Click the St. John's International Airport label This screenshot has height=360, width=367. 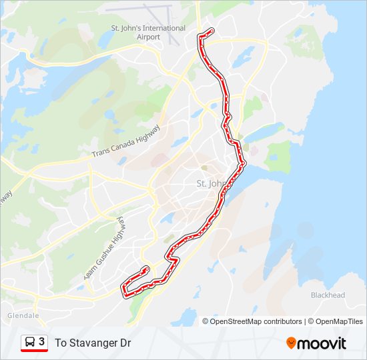coord(148,32)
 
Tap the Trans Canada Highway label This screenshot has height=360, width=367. coord(127,141)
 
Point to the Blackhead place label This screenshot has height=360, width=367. coord(328,295)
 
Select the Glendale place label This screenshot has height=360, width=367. coord(23,315)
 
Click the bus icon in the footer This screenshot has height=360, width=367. coord(30,343)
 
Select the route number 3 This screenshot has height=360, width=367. coord(42,342)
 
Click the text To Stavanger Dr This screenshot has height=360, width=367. coord(93,343)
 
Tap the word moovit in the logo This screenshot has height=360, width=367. coord(322,343)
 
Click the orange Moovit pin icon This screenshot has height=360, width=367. coord(291,343)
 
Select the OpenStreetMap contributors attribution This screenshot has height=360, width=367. coord(256,321)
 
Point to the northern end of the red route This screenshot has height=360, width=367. coord(212,30)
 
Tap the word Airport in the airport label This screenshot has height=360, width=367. coord(148,37)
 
